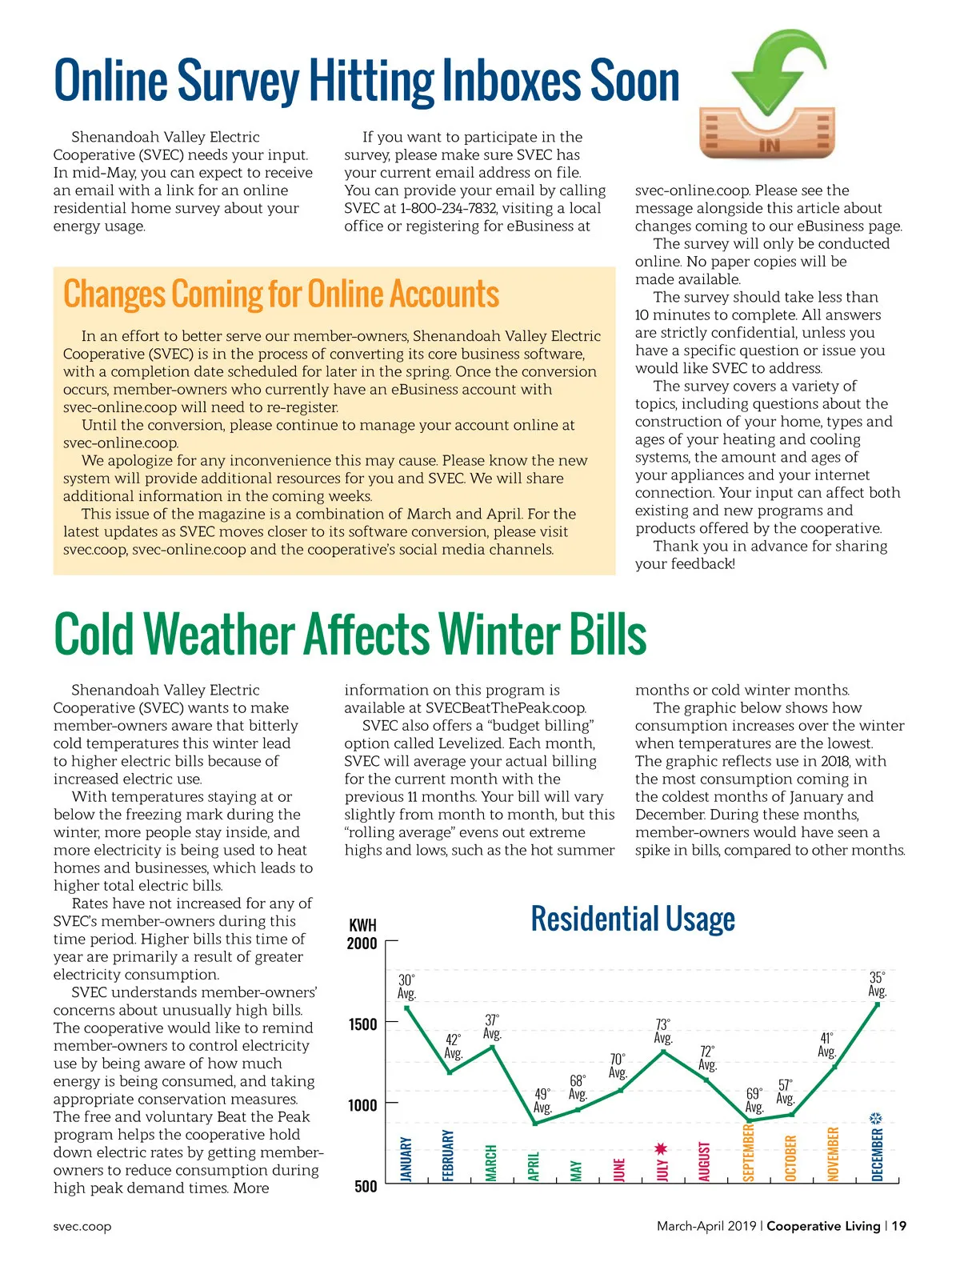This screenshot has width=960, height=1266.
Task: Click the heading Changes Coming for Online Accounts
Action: tap(281, 294)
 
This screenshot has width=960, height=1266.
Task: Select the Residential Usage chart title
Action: tap(633, 919)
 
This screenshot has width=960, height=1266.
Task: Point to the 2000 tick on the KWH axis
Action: tap(362, 943)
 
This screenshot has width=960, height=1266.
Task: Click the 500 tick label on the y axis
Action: tap(366, 1186)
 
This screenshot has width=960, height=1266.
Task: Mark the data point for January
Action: tap(407, 1008)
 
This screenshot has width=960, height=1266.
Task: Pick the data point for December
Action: tap(878, 1004)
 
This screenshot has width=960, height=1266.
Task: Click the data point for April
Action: tap(535, 1124)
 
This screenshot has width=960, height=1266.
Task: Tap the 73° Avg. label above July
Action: tap(663, 1032)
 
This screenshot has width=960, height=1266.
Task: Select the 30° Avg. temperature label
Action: tap(406, 987)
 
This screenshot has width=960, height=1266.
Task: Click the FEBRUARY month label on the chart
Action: tap(449, 1155)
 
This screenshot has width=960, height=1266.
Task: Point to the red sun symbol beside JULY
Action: tap(661, 1149)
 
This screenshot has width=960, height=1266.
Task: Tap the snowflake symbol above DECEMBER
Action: tap(877, 1118)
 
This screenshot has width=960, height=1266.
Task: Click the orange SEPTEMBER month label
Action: tap(750, 1152)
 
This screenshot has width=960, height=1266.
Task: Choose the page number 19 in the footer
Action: tap(899, 1226)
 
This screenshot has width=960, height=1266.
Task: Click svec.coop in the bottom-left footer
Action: tap(82, 1226)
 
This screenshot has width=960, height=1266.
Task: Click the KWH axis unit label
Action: tap(362, 925)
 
